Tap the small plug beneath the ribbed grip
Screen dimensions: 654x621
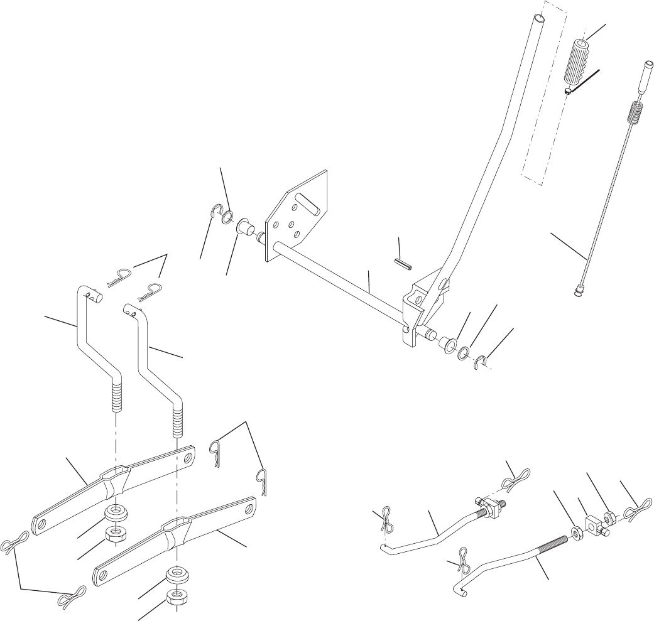pyautogui.click(x=567, y=90)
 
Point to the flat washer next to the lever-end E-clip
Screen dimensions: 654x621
pyautogui.click(x=464, y=352)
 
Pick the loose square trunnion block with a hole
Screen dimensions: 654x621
pyautogui.click(x=594, y=523)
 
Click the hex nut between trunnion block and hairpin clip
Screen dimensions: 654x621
pyautogui.click(x=609, y=516)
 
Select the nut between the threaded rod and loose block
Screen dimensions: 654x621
pyautogui.click(x=575, y=534)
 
